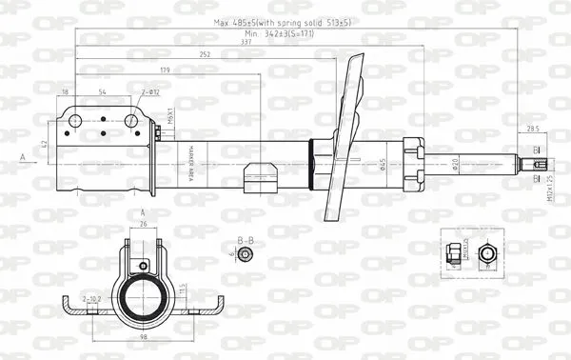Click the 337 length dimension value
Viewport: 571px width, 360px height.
point(246,41)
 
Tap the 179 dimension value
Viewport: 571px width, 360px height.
point(166,70)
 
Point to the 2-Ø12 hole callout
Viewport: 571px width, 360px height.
point(150,91)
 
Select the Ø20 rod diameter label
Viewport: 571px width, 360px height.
point(458,164)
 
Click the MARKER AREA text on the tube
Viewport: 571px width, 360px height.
point(191,156)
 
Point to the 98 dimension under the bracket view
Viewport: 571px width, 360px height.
point(144,336)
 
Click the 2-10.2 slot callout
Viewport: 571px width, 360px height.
point(92,299)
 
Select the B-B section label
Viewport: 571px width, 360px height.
point(244,240)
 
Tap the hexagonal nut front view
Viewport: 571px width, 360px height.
point(487,252)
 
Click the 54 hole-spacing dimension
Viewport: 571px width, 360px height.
point(103,91)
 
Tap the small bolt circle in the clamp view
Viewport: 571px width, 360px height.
point(143,266)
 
